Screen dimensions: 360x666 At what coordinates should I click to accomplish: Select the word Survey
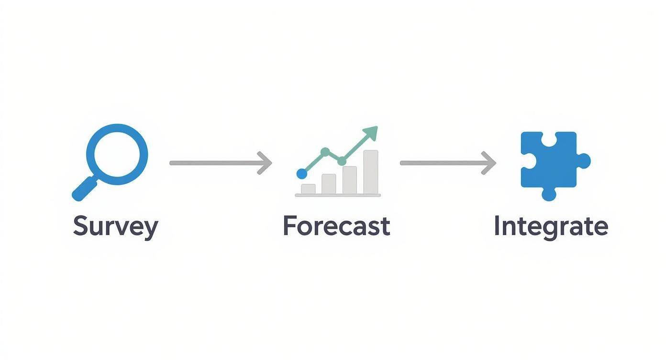[x=115, y=227]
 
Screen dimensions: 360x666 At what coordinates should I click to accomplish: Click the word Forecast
[x=336, y=226]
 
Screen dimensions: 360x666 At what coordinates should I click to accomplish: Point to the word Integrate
[x=551, y=226]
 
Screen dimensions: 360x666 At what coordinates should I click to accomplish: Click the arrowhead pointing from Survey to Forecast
[x=265, y=163]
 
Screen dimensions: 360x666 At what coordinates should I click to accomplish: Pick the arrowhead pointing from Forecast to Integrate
[x=488, y=163]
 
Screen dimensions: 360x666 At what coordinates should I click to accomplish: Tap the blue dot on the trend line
[x=301, y=173]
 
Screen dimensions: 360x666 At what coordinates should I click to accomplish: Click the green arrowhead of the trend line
[x=371, y=133]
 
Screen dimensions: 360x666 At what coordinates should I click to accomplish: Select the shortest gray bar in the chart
[x=308, y=189]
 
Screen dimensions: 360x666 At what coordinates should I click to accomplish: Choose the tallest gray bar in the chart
[x=371, y=172]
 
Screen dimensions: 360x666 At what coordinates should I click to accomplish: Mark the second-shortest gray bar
[x=329, y=184]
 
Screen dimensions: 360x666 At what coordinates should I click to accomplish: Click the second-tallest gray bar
[x=350, y=180]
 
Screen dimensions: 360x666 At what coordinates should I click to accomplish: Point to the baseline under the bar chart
[x=338, y=195]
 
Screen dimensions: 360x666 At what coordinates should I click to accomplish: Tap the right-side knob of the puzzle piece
[x=584, y=160]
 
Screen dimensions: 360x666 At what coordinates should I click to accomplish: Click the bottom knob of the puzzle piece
[x=549, y=194]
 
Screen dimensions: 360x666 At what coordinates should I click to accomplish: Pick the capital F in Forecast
[x=289, y=225]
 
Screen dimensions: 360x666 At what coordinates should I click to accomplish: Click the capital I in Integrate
[x=497, y=225]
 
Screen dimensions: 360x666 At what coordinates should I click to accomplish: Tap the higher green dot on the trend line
[x=325, y=152]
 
